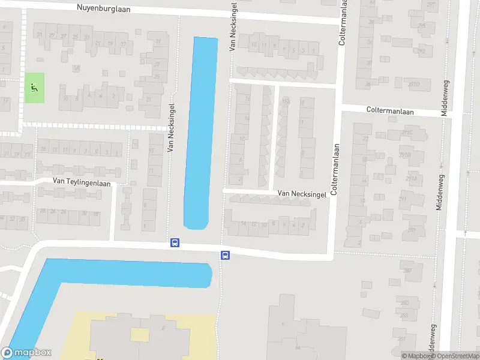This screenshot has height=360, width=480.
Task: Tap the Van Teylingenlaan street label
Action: pyautogui.click(x=82, y=182)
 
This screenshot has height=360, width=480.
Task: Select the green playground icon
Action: pyautogui.click(x=34, y=88)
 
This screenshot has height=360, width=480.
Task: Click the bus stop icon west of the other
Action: pyautogui.click(x=175, y=242)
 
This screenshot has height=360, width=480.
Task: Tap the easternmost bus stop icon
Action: pyautogui.click(x=226, y=255)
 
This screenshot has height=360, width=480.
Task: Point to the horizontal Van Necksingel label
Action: pyautogui.click(x=302, y=194)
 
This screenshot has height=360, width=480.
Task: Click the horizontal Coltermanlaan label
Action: pyautogui.click(x=391, y=110)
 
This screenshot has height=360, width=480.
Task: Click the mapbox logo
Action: pyautogui.click(x=26, y=353)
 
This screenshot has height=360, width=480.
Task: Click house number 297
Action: pyautogui.click(x=431, y=5)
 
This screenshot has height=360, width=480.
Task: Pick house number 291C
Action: pyautogui.click(x=407, y=133)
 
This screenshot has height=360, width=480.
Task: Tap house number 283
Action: pyautogui.click(x=404, y=315)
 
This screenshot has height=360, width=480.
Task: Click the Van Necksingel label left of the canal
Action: pyautogui.click(x=171, y=127)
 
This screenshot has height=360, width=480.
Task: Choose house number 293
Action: pyautogui.click(x=421, y=51)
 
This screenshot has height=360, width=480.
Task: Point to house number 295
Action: pyautogui.click(x=422, y=26)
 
